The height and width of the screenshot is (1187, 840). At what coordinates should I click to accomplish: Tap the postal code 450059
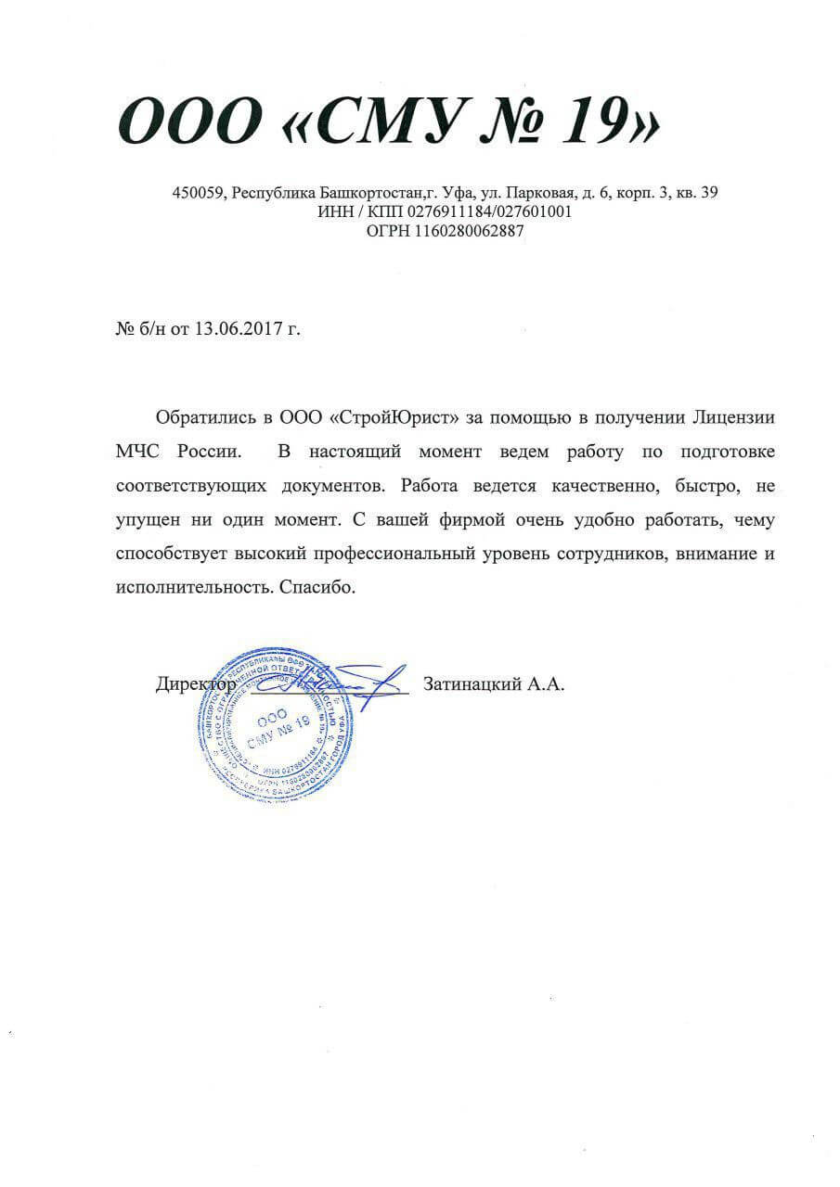[x=199, y=193]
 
